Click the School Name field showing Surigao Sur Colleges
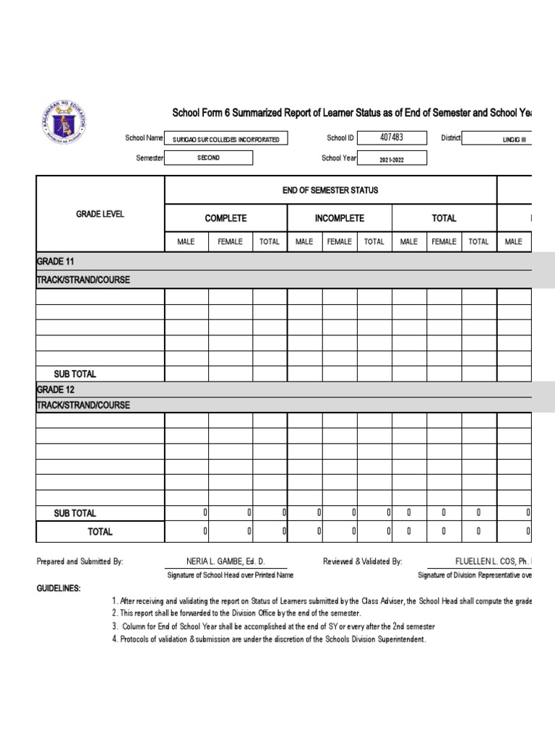tap(226, 139)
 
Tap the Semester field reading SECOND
tap(209, 158)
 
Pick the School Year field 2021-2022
tap(392, 158)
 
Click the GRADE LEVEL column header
tap(100, 215)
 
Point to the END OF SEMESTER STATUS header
tap(330, 190)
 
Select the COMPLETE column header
tap(225, 218)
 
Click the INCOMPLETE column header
tap(339, 218)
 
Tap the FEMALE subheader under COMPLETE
tap(230, 242)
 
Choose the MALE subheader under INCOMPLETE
tap(304, 242)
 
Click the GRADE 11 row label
tap(55, 261)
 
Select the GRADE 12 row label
tap(55, 390)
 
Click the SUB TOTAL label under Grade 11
tap(75, 374)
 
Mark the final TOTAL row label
tap(100, 532)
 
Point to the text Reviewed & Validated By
tap(362, 562)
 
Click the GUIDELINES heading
tap(59, 589)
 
